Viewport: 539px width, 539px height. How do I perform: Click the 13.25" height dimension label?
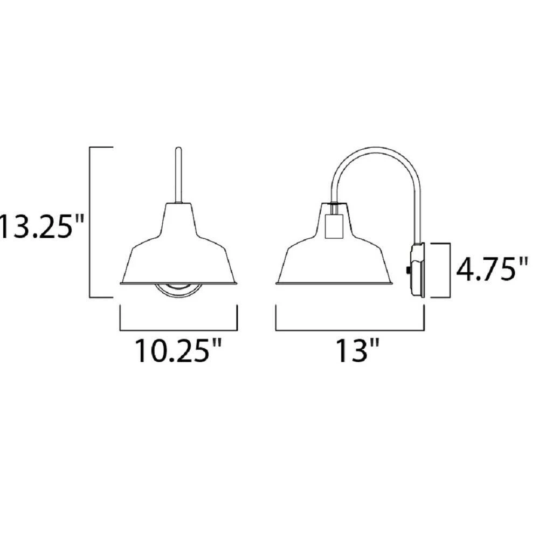click(x=42, y=226)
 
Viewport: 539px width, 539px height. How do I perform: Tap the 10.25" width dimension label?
click(x=178, y=351)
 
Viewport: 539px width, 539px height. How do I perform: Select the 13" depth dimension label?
click(x=357, y=351)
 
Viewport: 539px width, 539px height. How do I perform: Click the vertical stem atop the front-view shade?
click(x=178, y=175)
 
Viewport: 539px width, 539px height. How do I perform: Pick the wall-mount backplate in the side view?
click(x=418, y=270)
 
